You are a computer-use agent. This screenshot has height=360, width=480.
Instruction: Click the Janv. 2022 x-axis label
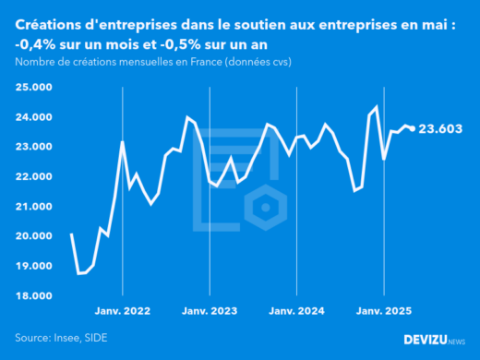(x=123, y=312)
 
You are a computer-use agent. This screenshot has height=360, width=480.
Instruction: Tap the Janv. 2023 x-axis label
(x=210, y=312)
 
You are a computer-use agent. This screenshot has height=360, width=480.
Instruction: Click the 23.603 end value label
(x=444, y=130)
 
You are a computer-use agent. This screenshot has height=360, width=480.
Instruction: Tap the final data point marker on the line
(x=412, y=128)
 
